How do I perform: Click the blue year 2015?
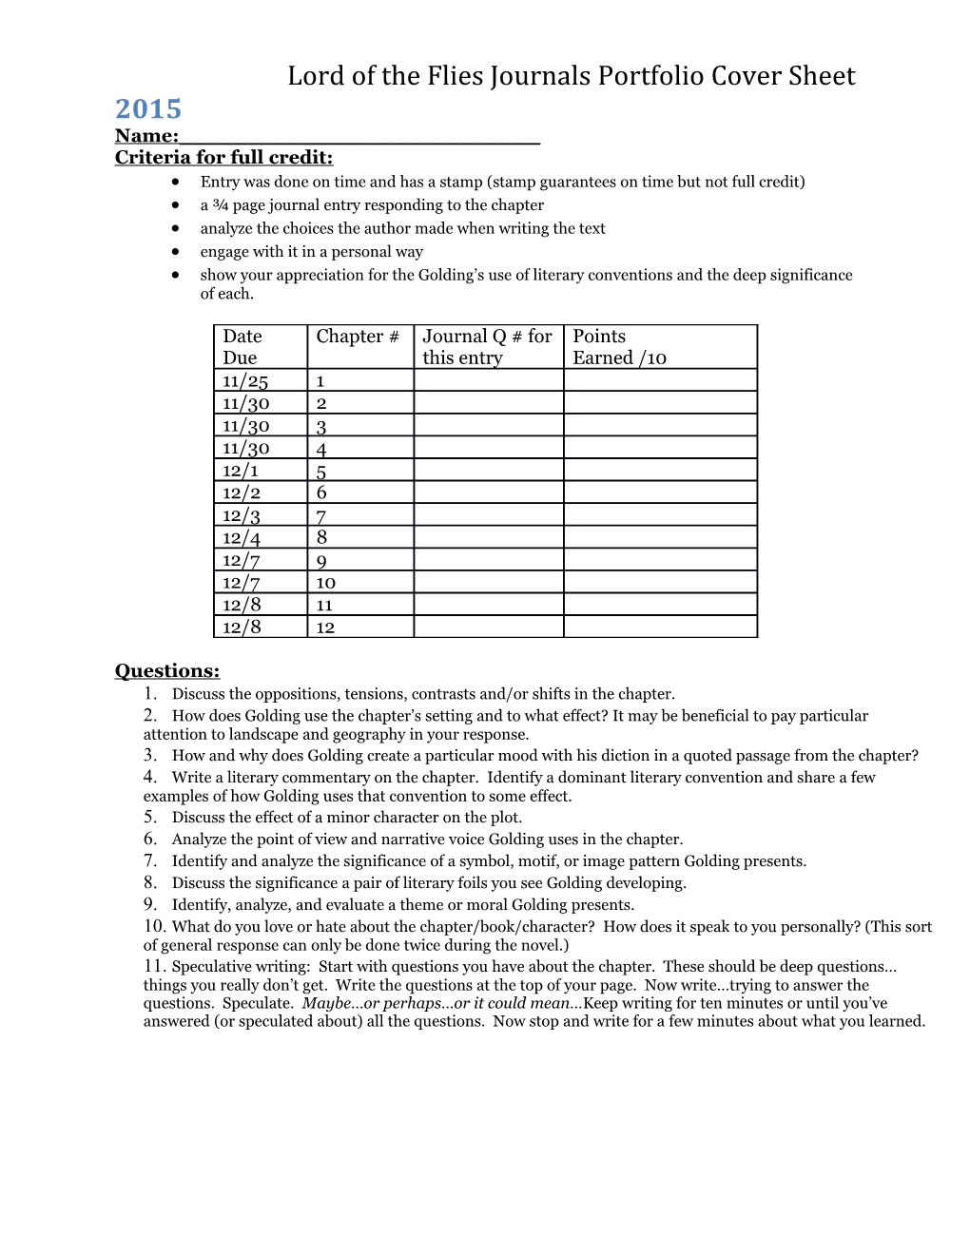(147, 108)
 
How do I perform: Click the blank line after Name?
(359, 136)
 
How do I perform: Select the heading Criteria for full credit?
(223, 158)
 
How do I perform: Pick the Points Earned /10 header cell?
(660, 347)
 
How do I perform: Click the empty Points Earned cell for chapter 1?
(660, 381)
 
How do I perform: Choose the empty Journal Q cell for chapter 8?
(488, 538)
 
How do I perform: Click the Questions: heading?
(167, 671)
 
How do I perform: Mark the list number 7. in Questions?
(150, 860)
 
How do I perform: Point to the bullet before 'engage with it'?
(176, 252)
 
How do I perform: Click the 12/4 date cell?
(242, 538)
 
